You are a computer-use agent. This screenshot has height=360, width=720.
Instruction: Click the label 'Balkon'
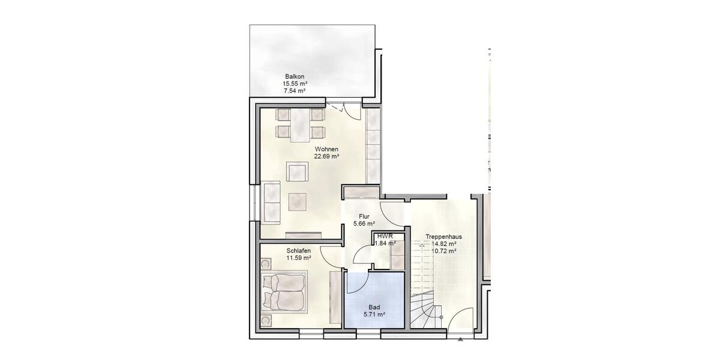[x=295, y=76]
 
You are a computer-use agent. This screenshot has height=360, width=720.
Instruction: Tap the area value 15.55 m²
[x=295, y=83]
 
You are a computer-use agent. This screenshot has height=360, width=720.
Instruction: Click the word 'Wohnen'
[x=326, y=149]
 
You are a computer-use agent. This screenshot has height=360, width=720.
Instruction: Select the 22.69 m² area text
[x=326, y=157]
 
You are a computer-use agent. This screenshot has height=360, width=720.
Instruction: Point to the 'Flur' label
[x=364, y=216]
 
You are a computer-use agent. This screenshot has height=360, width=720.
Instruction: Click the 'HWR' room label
[x=384, y=236]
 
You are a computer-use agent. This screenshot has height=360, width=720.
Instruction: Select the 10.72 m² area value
[x=443, y=251]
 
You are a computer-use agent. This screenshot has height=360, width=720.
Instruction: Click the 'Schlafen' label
[x=298, y=251]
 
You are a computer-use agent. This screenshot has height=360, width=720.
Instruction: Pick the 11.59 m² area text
[x=298, y=258]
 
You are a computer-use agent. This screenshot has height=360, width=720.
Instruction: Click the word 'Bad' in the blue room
[x=374, y=307]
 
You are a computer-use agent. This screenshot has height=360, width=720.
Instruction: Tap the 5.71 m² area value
[x=374, y=314]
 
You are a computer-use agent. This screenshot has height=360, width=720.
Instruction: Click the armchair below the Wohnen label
[x=298, y=173]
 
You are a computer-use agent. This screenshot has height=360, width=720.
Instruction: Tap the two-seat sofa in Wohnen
[x=272, y=201]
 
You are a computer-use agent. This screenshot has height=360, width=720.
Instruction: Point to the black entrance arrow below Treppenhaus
[x=460, y=339]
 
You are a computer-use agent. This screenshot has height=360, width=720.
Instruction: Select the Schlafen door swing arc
[x=329, y=257]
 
